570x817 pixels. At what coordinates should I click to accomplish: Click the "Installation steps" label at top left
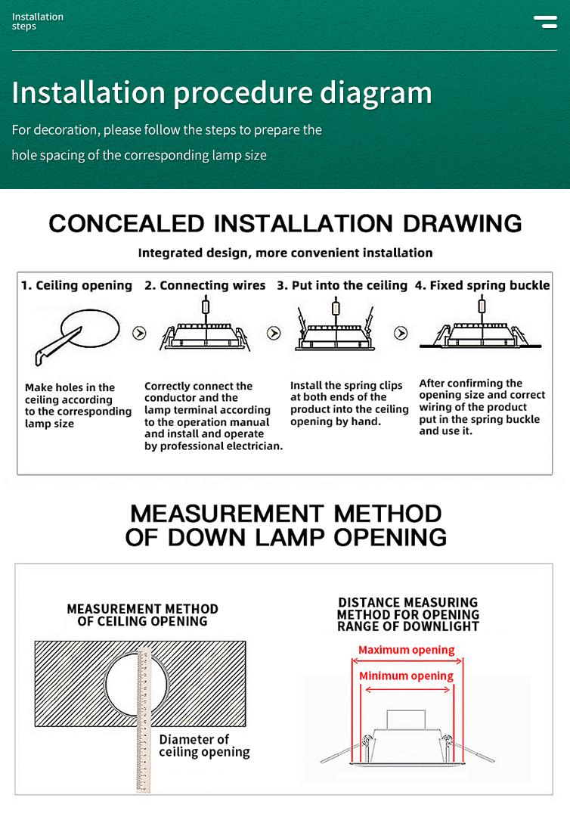click(38, 21)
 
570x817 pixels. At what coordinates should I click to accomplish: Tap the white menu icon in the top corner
click(545, 21)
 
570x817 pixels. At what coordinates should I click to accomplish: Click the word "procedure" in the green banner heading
click(242, 93)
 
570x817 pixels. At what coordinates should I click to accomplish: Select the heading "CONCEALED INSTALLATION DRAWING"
click(285, 223)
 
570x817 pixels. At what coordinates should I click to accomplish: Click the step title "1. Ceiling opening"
click(76, 285)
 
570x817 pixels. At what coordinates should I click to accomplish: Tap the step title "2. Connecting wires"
click(205, 285)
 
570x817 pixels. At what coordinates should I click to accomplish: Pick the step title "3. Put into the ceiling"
click(342, 285)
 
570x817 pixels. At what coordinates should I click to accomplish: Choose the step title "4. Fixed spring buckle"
click(482, 285)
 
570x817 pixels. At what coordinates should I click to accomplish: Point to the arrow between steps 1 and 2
click(139, 333)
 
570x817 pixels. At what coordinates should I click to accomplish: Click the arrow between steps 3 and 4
click(401, 333)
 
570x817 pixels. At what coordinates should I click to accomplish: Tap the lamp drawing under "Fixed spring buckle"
click(482, 333)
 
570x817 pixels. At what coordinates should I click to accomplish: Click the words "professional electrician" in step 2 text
click(213, 446)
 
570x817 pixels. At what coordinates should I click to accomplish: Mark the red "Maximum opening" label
click(406, 650)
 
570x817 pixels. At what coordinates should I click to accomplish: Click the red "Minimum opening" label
click(406, 676)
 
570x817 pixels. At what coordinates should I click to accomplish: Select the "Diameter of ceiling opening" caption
click(204, 745)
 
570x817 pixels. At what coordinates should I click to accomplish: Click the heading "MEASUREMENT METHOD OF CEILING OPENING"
click(142, 615)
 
